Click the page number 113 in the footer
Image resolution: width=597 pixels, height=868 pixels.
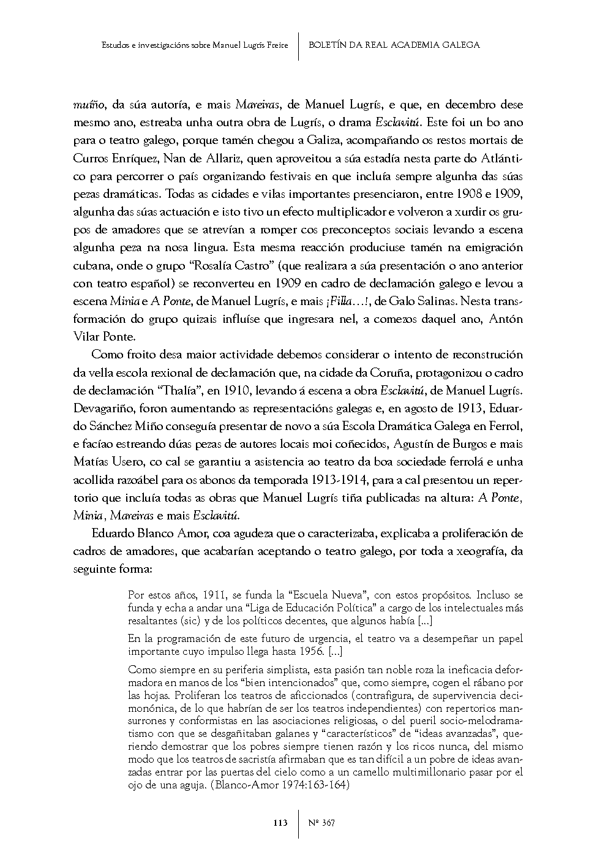tap(280, 823)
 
